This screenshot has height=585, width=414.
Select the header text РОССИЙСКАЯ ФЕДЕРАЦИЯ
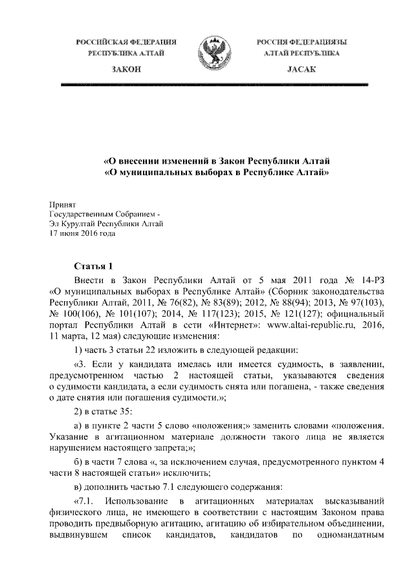coord(126,42)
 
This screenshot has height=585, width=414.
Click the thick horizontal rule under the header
coord(214,85)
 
